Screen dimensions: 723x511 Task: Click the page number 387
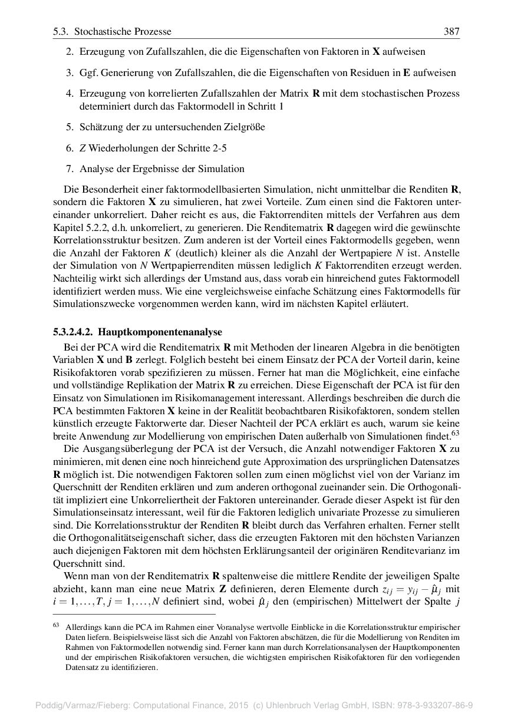point(451,31)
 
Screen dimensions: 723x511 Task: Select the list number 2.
point(69,52)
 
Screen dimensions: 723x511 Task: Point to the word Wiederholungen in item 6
point(118,148)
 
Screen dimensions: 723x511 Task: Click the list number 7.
point(69,169)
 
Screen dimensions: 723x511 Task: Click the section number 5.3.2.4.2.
point(73,332)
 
